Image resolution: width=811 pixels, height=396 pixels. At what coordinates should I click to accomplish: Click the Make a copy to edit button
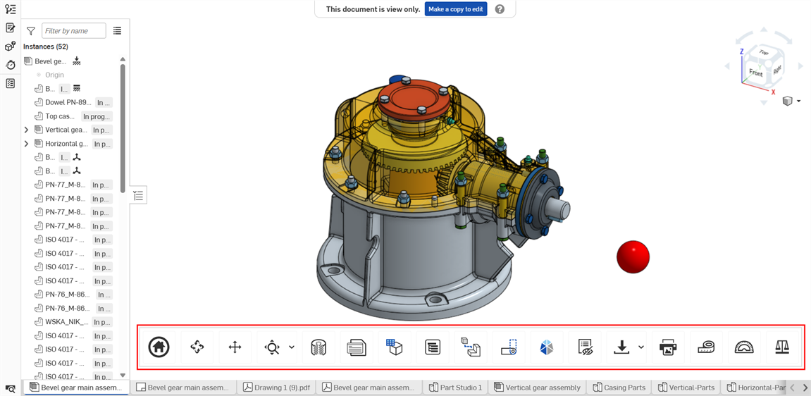[x=455, y=9]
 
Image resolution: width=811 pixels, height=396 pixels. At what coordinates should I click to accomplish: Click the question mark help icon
[x=500, y=9]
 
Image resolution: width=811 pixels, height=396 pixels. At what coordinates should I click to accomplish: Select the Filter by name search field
[x=73, y=30]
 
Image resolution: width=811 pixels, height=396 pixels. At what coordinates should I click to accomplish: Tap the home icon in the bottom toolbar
[x=159, y=347]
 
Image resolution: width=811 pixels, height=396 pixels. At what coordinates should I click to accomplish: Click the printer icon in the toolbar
[x=667, y=347]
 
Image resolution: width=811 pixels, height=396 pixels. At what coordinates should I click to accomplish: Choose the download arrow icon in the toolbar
[x=621, y=347]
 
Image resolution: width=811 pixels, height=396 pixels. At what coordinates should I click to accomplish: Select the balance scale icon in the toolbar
[x=781, y=347]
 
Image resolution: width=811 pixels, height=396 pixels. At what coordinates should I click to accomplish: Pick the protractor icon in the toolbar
[x=743, y=347]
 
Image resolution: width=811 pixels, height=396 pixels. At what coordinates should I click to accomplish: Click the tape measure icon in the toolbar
[x=705, y=347]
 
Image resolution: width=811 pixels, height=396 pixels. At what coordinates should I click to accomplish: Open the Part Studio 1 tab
[x=455, y=388]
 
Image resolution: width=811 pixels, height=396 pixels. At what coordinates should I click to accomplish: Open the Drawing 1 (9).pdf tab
[x=276, y=388]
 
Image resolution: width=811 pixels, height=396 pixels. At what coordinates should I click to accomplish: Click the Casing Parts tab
[x=619, y=388]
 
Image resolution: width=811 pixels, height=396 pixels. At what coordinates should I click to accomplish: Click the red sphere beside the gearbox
[x=633, y=256]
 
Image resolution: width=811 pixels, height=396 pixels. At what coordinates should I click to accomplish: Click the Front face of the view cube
[x=755, y=73]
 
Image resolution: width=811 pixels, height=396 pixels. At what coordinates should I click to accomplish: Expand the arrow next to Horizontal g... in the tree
[x=27, y=144]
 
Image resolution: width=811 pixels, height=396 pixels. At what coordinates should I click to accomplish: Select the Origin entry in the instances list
[x=54, y=75]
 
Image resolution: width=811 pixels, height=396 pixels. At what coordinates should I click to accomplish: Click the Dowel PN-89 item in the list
[x=68, y=102]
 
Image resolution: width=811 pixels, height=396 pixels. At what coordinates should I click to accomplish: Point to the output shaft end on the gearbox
[x=564, y=209]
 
